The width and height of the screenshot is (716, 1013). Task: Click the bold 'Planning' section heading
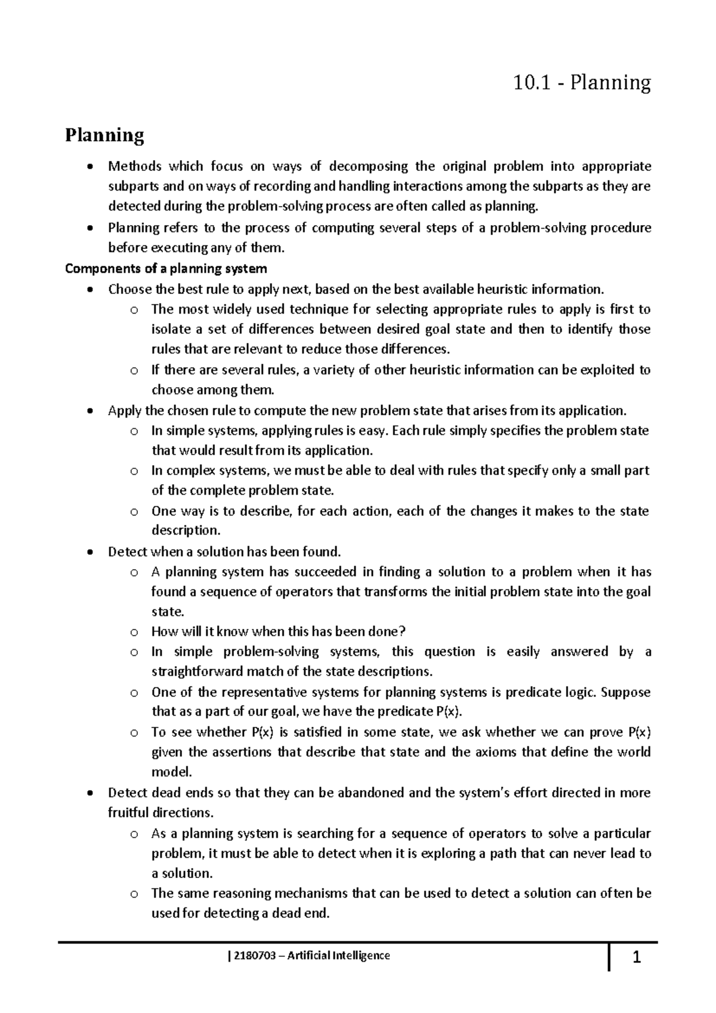104,135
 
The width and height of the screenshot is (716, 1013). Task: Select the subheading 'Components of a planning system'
165,268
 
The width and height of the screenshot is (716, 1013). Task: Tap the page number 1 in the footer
635,959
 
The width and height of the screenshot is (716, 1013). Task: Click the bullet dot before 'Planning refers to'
89,228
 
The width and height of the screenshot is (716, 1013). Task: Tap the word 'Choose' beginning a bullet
130,290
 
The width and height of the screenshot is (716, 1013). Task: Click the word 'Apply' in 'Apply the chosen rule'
124,410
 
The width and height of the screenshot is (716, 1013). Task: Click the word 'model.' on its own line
171,772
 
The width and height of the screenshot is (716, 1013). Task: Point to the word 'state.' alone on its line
168,612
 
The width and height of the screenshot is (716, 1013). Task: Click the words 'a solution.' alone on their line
181,873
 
